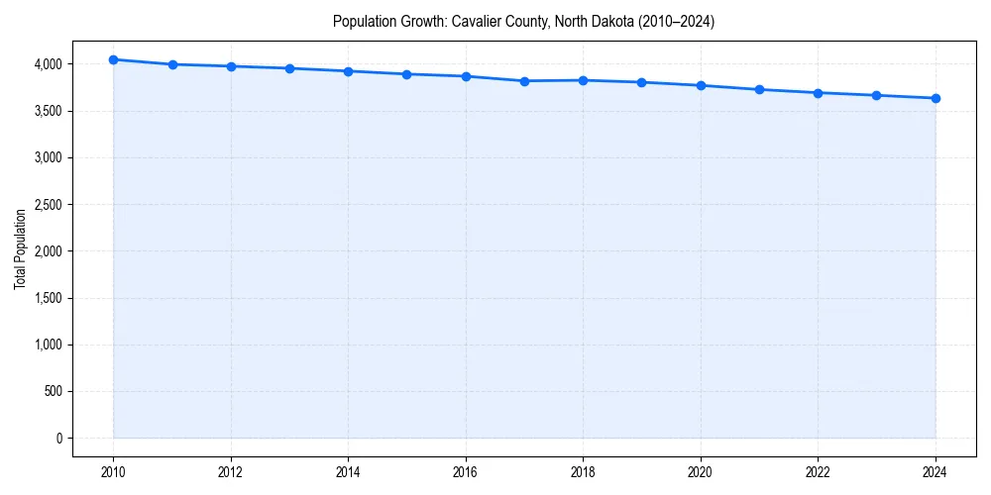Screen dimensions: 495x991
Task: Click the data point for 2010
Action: [113, 59]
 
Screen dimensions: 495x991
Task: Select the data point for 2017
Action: [524, 81]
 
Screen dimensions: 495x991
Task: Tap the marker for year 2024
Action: [936, 98]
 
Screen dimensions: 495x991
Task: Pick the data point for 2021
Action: [759, 89]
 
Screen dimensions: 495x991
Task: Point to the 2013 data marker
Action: [289, 68]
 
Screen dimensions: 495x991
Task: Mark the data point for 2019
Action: [642, 82]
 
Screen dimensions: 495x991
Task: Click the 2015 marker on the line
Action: [407, 74]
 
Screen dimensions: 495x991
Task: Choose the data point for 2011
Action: [172, 64]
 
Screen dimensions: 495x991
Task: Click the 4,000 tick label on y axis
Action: [47, 64]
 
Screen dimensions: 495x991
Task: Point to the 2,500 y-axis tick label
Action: [47, 205]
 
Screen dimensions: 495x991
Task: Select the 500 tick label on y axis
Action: [53, 392]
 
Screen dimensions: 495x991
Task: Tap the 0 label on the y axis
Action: [58, 439]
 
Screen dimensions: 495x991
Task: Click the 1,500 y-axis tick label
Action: [47, 298]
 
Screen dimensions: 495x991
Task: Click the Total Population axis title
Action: [20, 249]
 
